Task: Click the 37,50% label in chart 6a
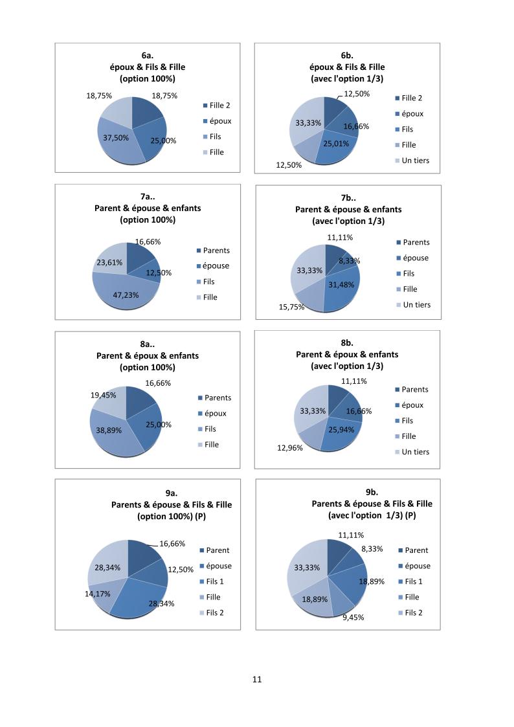click(x=116, y=138)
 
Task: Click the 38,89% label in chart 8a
click(x=109, y=430)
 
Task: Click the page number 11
click(x=256, y=680)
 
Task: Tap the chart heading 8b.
click(x=347, y=343)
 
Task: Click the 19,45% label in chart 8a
click(x=103, y=395)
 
